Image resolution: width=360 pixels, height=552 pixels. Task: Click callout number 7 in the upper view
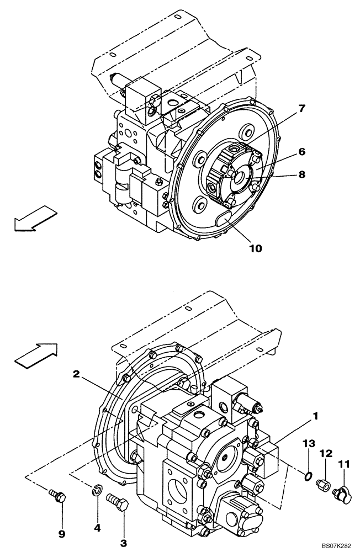pos(302,109)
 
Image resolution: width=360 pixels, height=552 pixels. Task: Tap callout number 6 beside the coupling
pos(303,151)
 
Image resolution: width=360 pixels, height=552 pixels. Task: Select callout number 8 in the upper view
pos(303,175)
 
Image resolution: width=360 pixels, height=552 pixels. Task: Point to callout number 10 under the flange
pos(255,248)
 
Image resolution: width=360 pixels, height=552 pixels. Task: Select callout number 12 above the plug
pos(326,453)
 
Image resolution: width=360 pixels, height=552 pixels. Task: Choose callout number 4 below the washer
pos(97,528)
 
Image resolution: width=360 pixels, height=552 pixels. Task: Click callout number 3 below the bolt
pos(124,543)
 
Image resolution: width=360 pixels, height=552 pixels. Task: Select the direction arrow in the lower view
pos(36,353)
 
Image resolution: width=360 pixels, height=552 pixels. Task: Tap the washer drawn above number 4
pos(97,489)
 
